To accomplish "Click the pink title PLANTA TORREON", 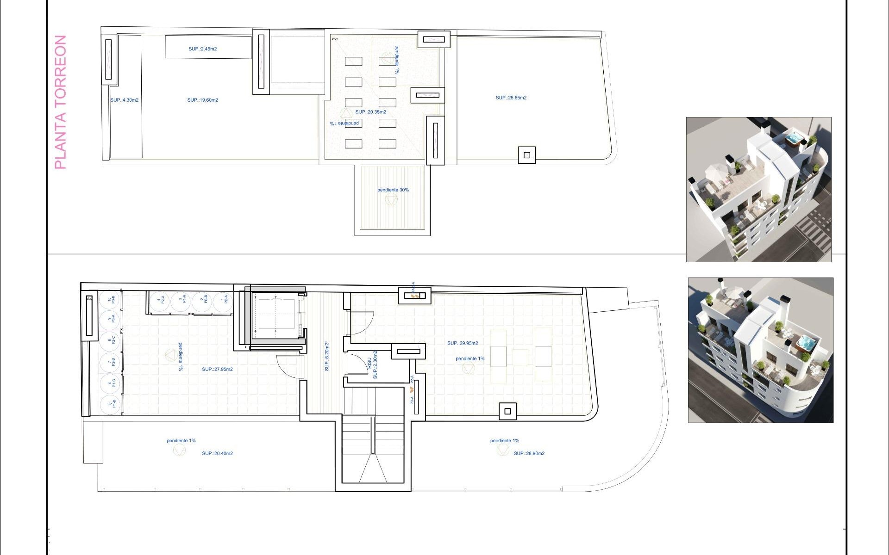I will (61, 102).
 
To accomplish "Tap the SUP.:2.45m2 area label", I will (202, 49).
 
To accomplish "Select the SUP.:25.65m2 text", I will (511, 98).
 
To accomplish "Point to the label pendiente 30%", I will (393, 190).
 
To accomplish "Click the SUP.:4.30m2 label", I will (124, 100).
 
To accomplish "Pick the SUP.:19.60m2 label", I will (202, 100).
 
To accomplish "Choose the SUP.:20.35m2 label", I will (370, 112).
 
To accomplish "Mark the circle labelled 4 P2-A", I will (160, 300).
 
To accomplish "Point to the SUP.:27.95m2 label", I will (217, 370).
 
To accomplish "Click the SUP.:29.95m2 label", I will (462, 343).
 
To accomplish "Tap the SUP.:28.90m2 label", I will (529, 454).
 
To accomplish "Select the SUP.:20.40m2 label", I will (217, 454).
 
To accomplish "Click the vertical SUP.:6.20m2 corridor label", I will (327, 356).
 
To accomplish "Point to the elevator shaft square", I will (276, 314).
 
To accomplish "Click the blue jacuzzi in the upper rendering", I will (795, 138).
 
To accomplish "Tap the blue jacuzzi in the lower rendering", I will (806, 343).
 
